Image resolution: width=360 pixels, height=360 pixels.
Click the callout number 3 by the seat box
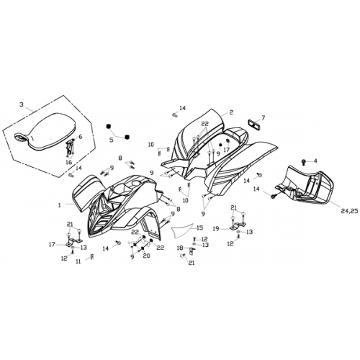pyautogui.click(x=22, y=104)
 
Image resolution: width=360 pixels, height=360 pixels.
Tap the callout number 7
pyautogui.click(x=263, y=117)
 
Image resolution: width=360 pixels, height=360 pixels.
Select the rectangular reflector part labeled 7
pyautogui.click(x=253, y=123)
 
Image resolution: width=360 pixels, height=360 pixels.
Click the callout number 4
pyautogui.click(x=315, y=161)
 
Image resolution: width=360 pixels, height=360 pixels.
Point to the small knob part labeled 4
pyautogui.click(x=304, y=161)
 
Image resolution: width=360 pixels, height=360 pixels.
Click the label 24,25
pyautogui.click(x=349, y=211)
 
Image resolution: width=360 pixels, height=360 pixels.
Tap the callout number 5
pyautogui.click(x=111, y=140)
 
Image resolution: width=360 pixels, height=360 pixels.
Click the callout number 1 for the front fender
pyautogui.click(x=59, y=205)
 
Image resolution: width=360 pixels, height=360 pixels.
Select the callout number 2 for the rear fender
pyautogui.click(x=231, y=112)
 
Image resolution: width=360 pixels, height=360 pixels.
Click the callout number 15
pyautogui.click(x=200, y=228)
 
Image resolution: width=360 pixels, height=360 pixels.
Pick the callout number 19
pyautogui.click(x=216, y=229)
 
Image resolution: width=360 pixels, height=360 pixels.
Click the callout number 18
pyautogui.click(x=180, y=248)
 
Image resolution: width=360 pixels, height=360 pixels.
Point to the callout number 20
pyautogui.click(x=146, y=256)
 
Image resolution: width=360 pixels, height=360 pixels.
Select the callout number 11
pyautogui.click(x=78, y=262)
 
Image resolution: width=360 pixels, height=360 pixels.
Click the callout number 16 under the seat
pyautogui.click(x=68, y=163)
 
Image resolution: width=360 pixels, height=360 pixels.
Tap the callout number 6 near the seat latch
pyautogui.click(x=80, y=137)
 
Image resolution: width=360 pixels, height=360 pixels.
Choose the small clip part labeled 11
pyautogui.click(x=92, y=256)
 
